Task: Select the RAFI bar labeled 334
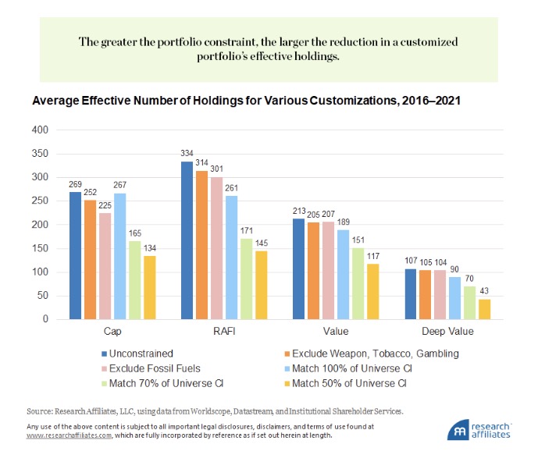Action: pyautogui.click(x=187, y=240)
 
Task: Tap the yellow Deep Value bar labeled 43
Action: pyautogui.click(x=484, y=309)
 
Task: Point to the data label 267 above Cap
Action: pyautogui.click(x=119, y=186)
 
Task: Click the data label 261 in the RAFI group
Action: pyautogui.click(x=231, y=188)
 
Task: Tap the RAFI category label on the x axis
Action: pyautogui.click(x=224, y=332)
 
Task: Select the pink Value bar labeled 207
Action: pyautogui.click(x=328, y=270)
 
